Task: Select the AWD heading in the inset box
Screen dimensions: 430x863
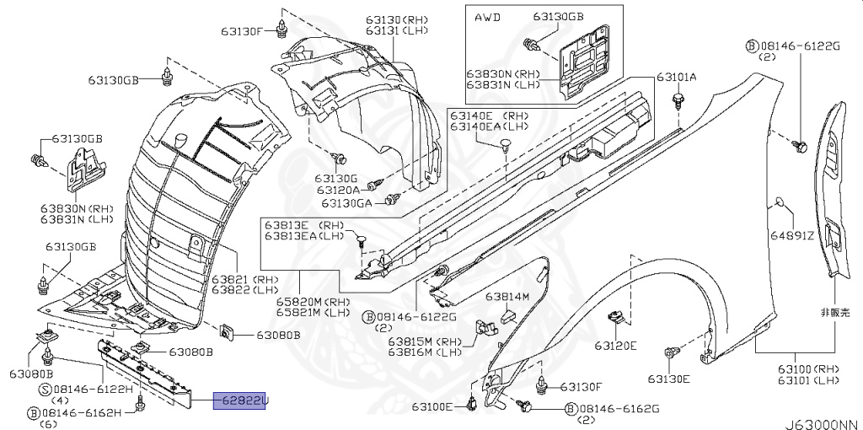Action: click(x=488, y=17)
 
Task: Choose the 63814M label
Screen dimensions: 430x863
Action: click(x=507, y=297)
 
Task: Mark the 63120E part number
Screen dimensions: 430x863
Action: click(x=615, y=345)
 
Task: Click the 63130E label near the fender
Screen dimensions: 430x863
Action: click(x=668, y=379)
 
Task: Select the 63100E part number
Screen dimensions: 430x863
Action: click(x=433, y=407)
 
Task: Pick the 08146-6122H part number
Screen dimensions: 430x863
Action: click(x=93, y=389)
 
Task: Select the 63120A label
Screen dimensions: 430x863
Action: click(x=340, y=191)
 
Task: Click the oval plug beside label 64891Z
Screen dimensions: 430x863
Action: click(x=780, y=202)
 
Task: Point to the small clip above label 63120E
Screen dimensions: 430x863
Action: click(x=617, y=318)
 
